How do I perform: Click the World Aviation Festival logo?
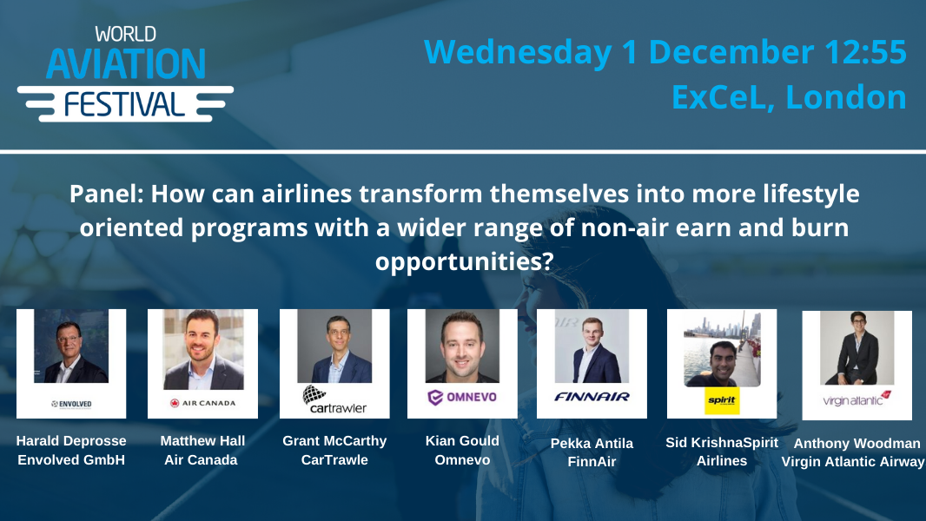tap(124, 74)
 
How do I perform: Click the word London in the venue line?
tap(846, 96)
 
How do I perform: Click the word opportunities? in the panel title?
tap(464, 261)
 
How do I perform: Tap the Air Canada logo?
tap(202, 403)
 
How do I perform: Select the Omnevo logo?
tap(462, 398)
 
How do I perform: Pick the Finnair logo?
tap(592, 397)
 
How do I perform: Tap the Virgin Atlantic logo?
tap(857, 399)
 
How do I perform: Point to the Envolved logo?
tap(71, 404)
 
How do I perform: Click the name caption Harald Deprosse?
tap(71, 441)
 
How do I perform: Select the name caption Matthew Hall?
tap(202, 441)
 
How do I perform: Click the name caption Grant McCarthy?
tap(334, 441)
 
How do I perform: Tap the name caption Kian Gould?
tap(462, 441)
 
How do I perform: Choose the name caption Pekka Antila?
tap(592, 443)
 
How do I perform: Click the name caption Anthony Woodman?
tap(857, 443)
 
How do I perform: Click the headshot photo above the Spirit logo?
tap(722, 349)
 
